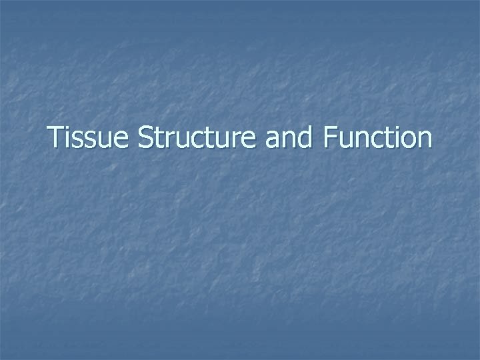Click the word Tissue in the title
coord(91,138)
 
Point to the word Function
coord(377,138)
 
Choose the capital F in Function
coord(329,138)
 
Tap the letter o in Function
coord(406,140)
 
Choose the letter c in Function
coord(373,140)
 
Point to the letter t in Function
coord(385,139)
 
